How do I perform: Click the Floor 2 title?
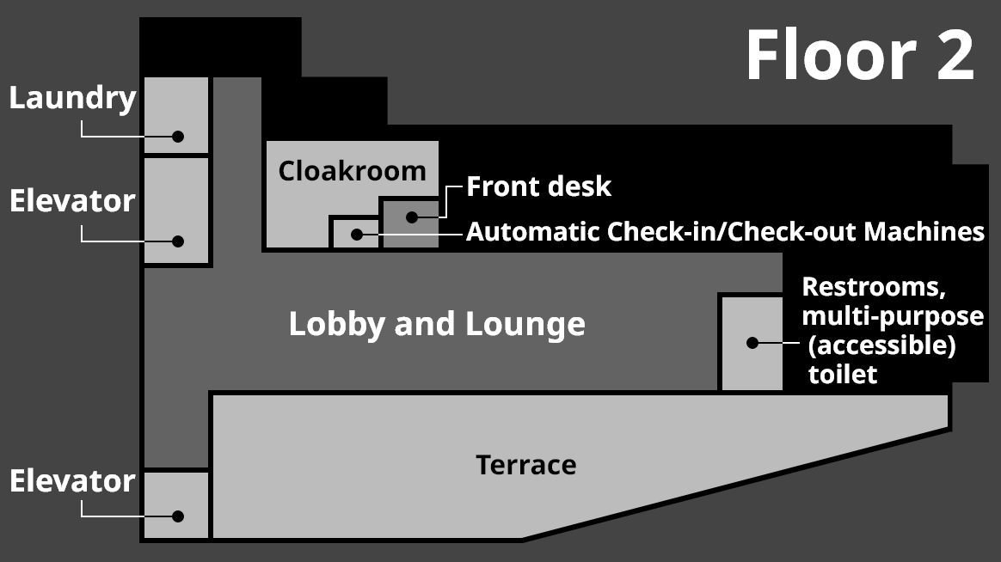pyautogui.click(x=860, y=56)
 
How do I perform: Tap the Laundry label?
pyautogui.click(x=73, y=99)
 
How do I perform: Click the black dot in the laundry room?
pyautogui.click(x=178, y=136)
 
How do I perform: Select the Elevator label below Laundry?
pyautogui.click(x=73, y=201)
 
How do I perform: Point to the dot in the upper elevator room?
pyautogui.click(x=178, y=241)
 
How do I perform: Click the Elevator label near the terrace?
pyautogui.click(x=73, y=481)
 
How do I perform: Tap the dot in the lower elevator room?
pyautogui.click(x=178, y=516)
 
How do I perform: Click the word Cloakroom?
pyautogui.click(x=352, y=171)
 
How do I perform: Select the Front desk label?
pyautogui.click(x=539, y=186)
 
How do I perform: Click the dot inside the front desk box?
pyautogui.click(x=412, y=217)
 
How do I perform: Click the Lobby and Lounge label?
pyautogui.click(x=437, y=325)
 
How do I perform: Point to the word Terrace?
pyautogui.click(x=526, y=466)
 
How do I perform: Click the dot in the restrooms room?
pyautogui.click(x=752, y=342)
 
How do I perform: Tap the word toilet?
pyautogui.click(x=843, y=375)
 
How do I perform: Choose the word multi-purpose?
pyautogui.click(x=893, y=316)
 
